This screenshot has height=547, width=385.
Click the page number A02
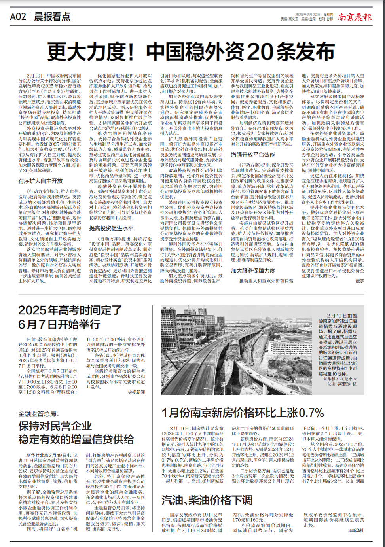pos(18,17)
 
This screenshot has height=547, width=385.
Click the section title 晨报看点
pos(52,17)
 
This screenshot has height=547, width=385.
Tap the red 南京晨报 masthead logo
pos(355,17)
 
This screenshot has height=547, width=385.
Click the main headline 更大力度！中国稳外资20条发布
pos(192,51)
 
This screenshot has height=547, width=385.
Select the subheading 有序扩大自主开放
pos(40,181)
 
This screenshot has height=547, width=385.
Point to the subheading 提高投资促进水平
pos(111,228)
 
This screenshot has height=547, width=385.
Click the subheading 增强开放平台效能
pos(253,155)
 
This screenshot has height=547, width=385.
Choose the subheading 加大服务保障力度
pos(253,271)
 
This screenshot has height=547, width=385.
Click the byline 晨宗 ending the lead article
pos(360,281)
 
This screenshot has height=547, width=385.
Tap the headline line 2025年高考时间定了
pos(70,310)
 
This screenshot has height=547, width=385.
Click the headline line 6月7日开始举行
pos(59,324)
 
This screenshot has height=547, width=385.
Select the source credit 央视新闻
pos(136,392)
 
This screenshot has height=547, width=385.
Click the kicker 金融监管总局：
pos(38,414)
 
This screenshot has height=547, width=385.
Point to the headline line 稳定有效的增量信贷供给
pos(76,439)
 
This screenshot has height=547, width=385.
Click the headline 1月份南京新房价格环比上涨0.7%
pos(243,413)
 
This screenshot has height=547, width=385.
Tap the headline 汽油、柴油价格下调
pos(207,500)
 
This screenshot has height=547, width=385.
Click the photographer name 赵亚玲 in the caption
pos(344,384)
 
